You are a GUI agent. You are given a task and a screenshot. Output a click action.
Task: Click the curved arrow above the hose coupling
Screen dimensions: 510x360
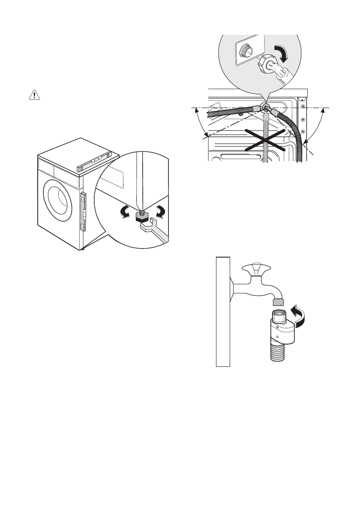[x=282, y=52]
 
